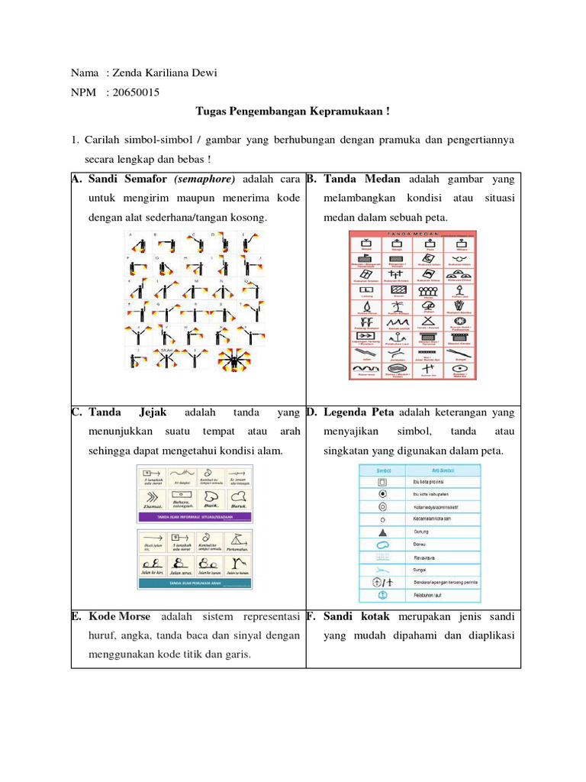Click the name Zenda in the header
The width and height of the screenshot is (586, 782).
(127, 73)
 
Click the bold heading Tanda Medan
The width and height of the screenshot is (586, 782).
(364, 179)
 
